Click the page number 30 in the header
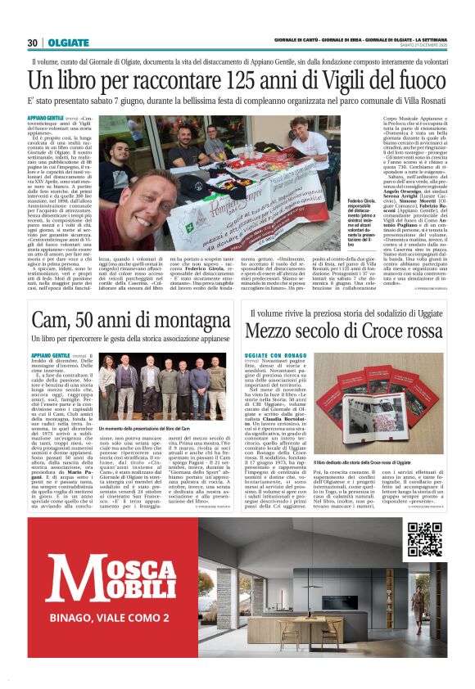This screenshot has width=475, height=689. click(32, 43)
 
